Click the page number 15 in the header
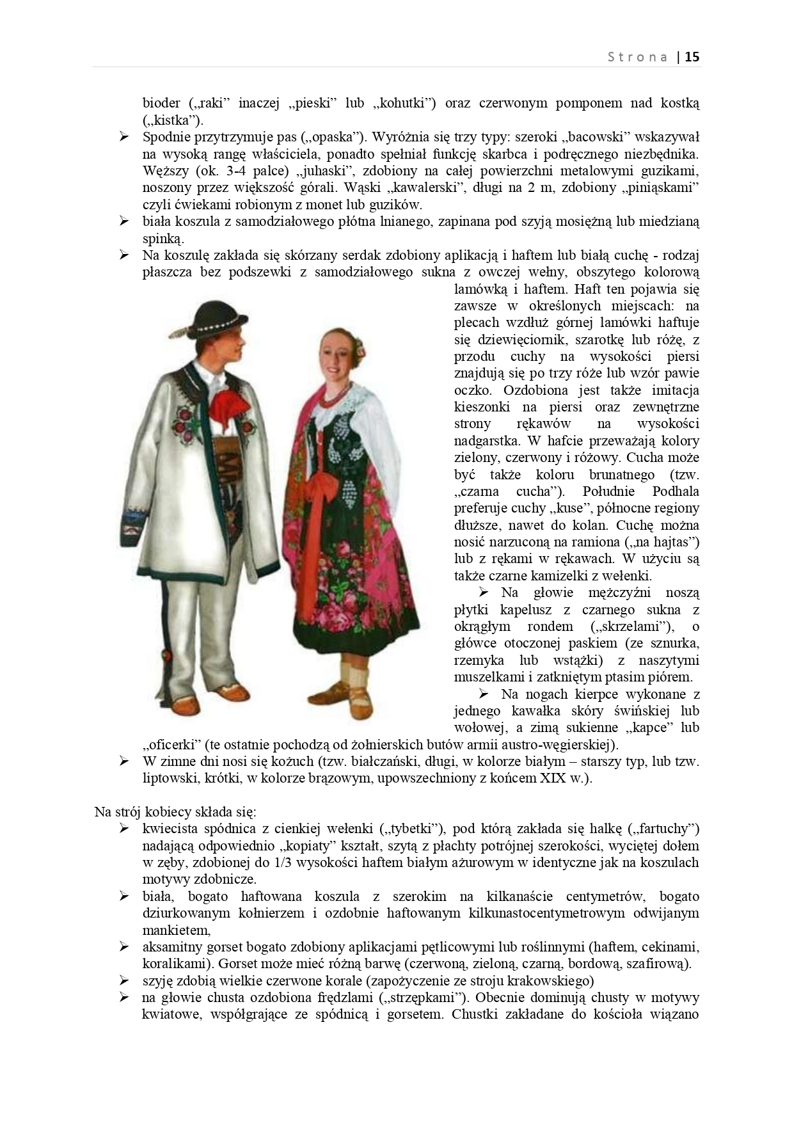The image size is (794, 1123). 692,56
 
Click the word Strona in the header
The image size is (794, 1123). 637,56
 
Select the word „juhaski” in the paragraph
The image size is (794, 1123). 315,171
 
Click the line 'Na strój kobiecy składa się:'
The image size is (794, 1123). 175,812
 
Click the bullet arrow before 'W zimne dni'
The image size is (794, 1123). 124,761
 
